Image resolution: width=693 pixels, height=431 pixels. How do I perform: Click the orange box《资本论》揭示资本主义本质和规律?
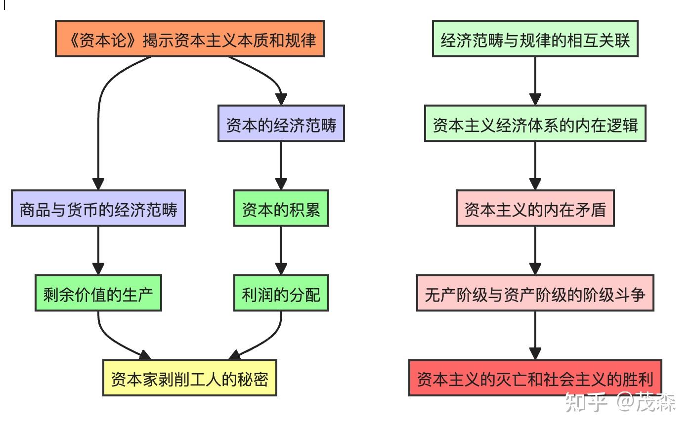coord(189,39)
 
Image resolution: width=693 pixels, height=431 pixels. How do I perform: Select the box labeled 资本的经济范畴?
coord(281,124)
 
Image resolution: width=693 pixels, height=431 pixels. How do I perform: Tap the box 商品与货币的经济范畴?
coord(98,209)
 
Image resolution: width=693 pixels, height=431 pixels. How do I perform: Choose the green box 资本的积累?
coord(281,209)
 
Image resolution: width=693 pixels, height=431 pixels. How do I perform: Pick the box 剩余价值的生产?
coord(98,293)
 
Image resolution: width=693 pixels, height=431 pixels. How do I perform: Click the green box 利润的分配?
coord(281,293)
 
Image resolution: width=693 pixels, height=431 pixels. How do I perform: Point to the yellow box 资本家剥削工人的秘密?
coord(189,378)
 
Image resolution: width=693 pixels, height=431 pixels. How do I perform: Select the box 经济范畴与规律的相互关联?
coord(535,39)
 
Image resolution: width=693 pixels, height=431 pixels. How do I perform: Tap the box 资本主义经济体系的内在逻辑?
coord(535,124)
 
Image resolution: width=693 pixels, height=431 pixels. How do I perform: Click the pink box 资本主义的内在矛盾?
coord(535,209)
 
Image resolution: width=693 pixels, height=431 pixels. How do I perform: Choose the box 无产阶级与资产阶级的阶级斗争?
coord(535,293)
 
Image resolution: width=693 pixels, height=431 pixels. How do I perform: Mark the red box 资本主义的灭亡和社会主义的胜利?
coord(535,378)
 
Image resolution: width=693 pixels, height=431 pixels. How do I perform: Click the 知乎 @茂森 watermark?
coord(620,402)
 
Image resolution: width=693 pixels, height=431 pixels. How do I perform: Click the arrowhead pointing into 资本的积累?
coord(281,183)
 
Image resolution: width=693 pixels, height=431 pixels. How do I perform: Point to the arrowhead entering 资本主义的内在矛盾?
coord(535,183)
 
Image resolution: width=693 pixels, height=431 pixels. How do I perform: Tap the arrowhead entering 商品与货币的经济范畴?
coord(98,183)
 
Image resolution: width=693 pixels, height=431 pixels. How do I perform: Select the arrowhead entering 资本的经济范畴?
coord(281,98)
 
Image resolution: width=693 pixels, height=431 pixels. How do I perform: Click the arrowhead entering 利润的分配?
coord(281,268)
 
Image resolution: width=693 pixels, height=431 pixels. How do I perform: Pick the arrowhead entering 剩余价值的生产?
coord(98,268)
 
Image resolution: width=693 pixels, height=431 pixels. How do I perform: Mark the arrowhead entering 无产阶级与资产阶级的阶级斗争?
coord(535,268)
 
